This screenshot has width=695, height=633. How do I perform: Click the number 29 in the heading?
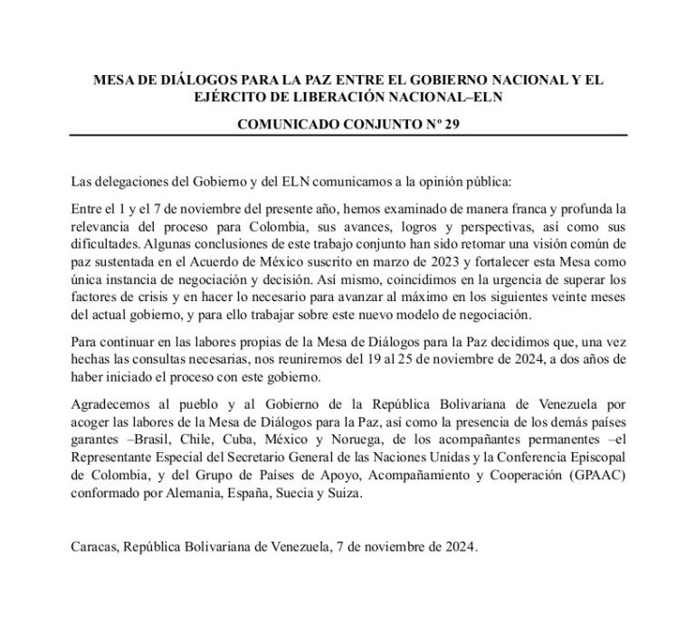coord(450,125)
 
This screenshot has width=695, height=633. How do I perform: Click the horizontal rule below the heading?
coord(347,136)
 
